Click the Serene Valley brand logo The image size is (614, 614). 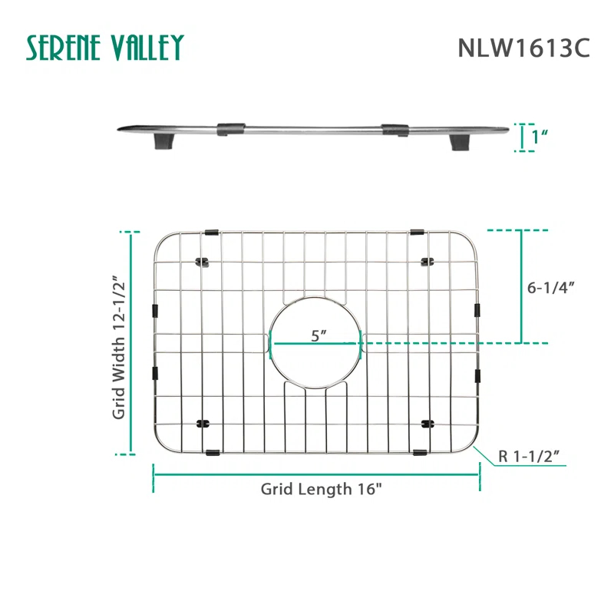[105, 48]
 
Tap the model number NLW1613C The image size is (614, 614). [523, 48]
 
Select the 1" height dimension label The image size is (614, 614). [540, 138]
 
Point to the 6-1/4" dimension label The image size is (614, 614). [551, 288]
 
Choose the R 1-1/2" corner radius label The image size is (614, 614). [528, 456]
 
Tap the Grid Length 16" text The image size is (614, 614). [321, 489]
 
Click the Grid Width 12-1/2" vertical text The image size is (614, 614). [119, 347]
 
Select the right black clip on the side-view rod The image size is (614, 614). [394, 128]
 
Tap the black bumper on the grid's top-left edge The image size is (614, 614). [212, 231]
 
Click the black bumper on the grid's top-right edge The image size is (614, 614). [418, 231]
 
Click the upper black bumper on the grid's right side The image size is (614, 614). [477, 310]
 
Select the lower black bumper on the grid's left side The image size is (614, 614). [156, 373]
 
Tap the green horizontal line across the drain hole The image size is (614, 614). [314, 343]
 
